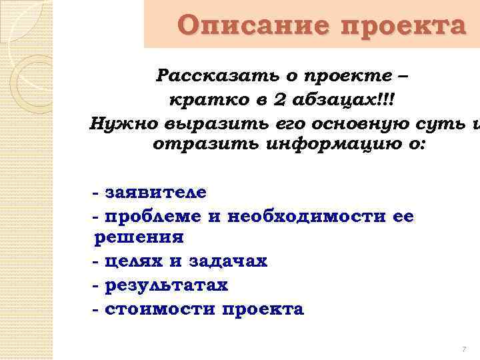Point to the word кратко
(199, 100)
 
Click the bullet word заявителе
(155, 193)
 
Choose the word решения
(139, 237)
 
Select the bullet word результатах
(166, 285)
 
